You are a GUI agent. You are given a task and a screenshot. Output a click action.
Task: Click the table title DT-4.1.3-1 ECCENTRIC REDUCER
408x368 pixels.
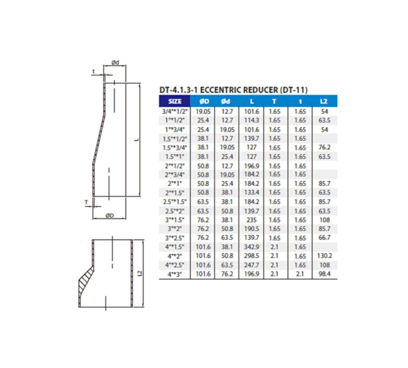[233, 90]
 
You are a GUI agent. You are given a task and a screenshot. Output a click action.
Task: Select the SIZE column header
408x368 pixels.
[175, 101]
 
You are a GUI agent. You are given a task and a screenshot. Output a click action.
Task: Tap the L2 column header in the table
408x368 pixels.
[324, 101]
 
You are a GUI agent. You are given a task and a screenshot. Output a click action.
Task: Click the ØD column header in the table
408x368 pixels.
[203, 101]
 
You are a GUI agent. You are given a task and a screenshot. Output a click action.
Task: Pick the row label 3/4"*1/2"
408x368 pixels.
[175, 112]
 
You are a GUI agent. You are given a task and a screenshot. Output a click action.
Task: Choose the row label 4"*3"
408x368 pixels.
[175, 274]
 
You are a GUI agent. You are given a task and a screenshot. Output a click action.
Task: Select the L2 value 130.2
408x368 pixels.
[324, 256]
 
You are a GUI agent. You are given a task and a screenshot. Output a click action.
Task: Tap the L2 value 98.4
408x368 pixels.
[324, 274]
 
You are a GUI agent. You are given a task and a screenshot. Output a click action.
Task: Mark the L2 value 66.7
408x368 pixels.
[324, 238]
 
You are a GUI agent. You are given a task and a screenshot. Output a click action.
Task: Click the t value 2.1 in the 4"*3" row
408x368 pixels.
[300, 274]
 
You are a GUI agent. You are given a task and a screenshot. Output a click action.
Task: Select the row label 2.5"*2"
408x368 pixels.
[175, 211]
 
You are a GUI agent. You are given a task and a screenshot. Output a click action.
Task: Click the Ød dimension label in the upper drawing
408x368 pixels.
[116, 63]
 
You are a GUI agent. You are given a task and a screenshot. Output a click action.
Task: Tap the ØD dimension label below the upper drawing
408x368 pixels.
[110, 216]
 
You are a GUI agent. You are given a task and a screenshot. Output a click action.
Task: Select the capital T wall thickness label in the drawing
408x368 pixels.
[86, 202]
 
